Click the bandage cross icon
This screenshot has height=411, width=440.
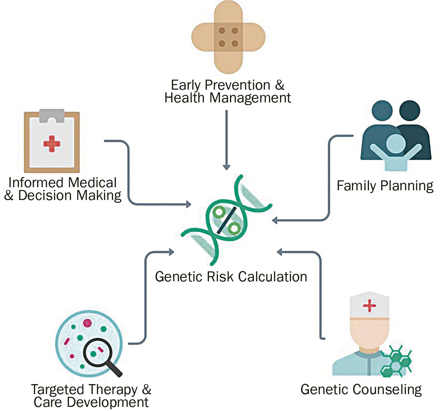tap(228, 37)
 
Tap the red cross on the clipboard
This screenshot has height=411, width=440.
tap(52, 144)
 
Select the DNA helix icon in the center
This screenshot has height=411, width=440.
tap(227, 220)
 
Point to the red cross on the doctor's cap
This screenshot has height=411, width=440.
tap(369, 305)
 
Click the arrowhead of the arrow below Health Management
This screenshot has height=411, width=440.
tap(227, 167)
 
